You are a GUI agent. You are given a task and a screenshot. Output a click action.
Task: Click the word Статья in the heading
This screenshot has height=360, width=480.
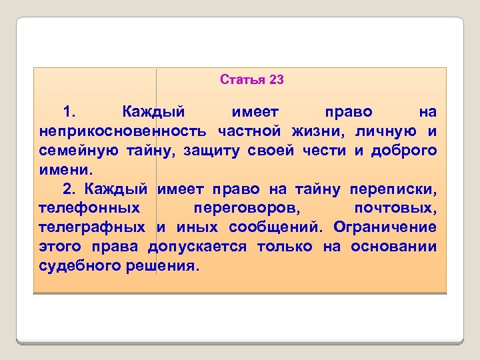[x=243, y=80]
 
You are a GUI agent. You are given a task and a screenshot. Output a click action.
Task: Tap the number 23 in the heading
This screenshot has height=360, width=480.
[x=277, y=80]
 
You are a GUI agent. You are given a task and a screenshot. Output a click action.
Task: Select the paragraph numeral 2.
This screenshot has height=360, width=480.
[x=69, y=189]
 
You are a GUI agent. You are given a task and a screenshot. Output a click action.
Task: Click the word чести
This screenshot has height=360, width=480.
[x=323, y=150]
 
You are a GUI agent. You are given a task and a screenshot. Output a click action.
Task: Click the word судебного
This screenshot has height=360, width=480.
[x=85, y=266]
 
